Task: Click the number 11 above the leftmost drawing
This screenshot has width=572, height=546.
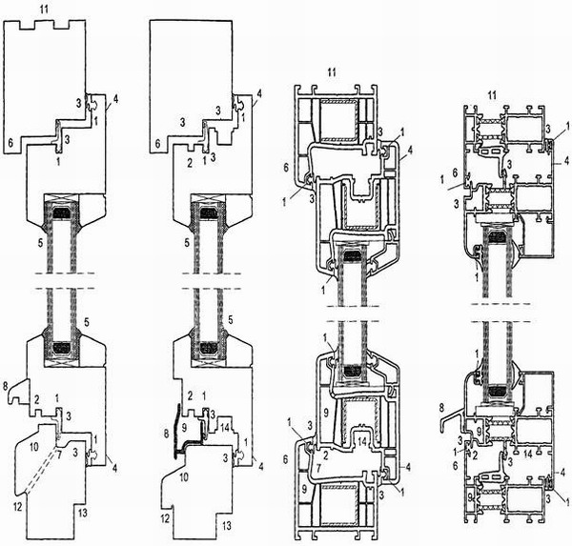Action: click(44, 10)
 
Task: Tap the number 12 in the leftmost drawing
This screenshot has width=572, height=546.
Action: click(17, 506)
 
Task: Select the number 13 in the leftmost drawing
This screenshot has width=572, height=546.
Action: click(83, 513)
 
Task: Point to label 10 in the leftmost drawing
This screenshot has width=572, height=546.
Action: click(33, 447)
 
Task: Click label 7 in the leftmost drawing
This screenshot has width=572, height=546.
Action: click(59, 453)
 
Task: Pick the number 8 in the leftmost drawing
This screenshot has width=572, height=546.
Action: click(6, 386)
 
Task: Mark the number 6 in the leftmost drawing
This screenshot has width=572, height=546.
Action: click(10, 143)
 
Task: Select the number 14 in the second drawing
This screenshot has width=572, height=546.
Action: click(225, 427)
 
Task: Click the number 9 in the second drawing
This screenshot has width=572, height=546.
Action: click(184, 427)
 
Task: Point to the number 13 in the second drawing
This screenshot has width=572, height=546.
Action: click(227, 526)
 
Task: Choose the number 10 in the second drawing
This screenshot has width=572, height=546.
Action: click(184, 476)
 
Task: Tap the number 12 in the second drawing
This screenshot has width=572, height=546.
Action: click(165, 518)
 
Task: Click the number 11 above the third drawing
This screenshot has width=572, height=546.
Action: click(331, 72)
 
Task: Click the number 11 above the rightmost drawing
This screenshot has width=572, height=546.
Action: click(492, 95)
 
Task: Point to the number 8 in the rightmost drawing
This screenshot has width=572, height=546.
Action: click(441, 405)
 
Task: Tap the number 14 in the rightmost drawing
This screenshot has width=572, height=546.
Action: click(528, 455)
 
